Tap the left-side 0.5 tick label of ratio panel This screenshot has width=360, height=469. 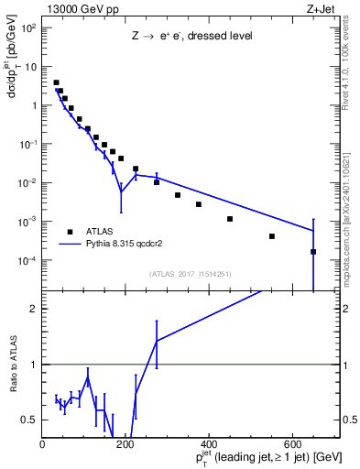[x=30, y=420]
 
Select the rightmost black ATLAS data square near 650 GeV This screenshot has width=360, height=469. [x=313, y=251]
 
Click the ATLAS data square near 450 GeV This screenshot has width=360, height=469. [x=230, y=219]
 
